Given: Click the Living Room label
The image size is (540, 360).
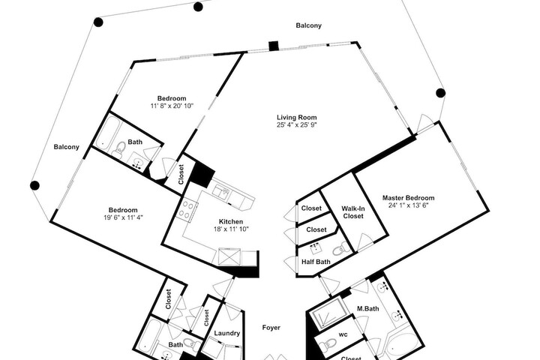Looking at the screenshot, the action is click(x=296, y=118).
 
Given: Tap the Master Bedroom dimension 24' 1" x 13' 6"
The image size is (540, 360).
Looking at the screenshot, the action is click(x=408, y=205).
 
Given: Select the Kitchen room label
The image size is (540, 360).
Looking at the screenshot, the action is click(x=231, y=221).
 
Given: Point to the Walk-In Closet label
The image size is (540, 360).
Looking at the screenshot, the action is click(x=353, y=212).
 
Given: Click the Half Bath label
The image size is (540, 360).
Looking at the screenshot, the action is click(x=316, y=262).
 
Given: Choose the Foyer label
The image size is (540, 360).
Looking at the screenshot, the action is click(x=271, y=328).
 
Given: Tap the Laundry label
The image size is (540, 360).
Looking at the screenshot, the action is click(x=227, y=333).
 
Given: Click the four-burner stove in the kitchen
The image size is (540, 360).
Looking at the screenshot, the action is click(x=187, y=209).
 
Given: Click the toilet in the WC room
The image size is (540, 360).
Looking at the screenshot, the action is click(x=327, y=343).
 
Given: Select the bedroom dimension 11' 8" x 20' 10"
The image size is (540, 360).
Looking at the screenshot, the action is click(x=172, y=106).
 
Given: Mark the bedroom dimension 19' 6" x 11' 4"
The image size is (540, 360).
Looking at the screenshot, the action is click(x=123, y=217).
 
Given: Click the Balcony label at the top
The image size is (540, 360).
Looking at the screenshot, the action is click(x=308, y=25).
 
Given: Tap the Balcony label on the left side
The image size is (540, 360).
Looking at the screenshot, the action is click(x=67, y=147).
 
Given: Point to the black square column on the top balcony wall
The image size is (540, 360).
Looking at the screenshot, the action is click(x=274, y=46).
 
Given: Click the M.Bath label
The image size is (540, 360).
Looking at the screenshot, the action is click(x=367, y=308).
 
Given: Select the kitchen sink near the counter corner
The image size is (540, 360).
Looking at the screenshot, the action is click(x=221, y=193).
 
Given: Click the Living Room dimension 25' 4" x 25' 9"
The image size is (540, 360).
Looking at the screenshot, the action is click(x=296, y=124).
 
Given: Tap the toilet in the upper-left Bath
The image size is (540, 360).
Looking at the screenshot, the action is click(x=118, y=150).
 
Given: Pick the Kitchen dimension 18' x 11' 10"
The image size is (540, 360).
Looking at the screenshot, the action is click(x=231, y=229).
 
